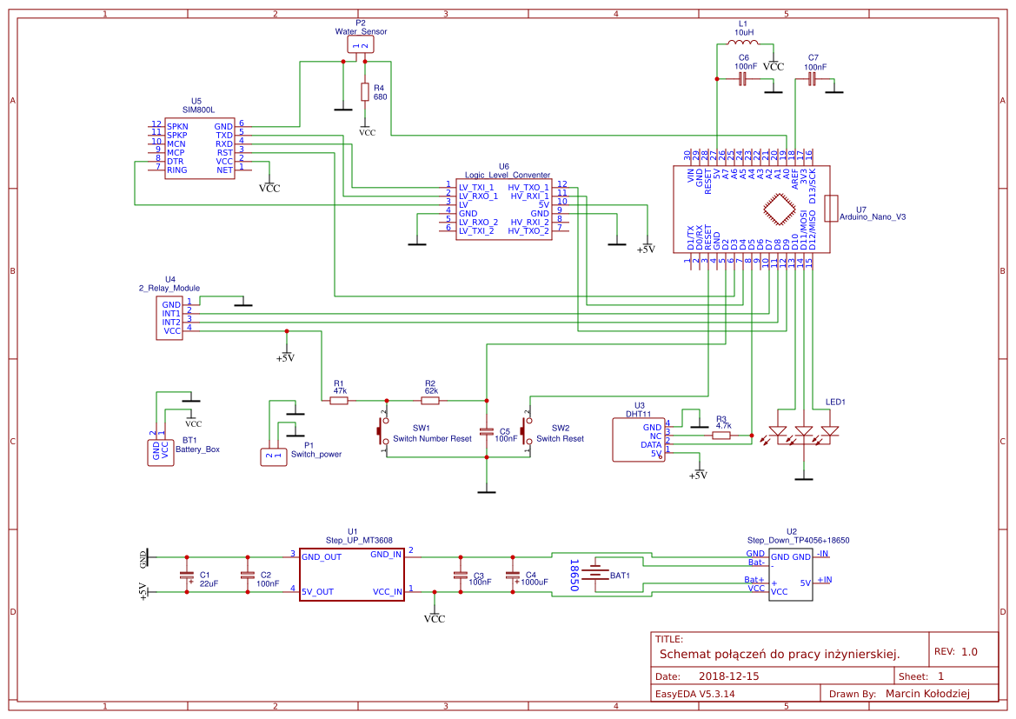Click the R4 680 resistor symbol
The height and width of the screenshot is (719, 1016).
pos(364,91)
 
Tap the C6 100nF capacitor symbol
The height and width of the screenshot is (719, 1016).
pos(743,79)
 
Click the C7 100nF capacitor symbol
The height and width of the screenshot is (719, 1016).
pos(812,79)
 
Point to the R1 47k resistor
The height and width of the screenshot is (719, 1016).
pos(339,401)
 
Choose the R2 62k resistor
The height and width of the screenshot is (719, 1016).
pos(430,401)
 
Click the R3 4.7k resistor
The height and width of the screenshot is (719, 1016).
pos(721,436)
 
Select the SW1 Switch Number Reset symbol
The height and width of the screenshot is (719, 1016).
pos(382,428)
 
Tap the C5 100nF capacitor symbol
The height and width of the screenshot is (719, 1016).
pos(487,432)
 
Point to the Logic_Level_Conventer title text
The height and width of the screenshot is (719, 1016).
pos(507,175)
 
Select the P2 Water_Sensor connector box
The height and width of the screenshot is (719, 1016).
pos(361,44)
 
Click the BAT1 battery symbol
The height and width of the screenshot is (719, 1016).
pos(596,575)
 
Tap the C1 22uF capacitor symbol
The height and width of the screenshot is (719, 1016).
pos(185,575)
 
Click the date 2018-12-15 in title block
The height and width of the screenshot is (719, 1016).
pos(728,676)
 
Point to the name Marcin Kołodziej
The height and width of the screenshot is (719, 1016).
pos(926,693)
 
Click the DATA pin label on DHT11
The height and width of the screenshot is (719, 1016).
pos(651,444)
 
